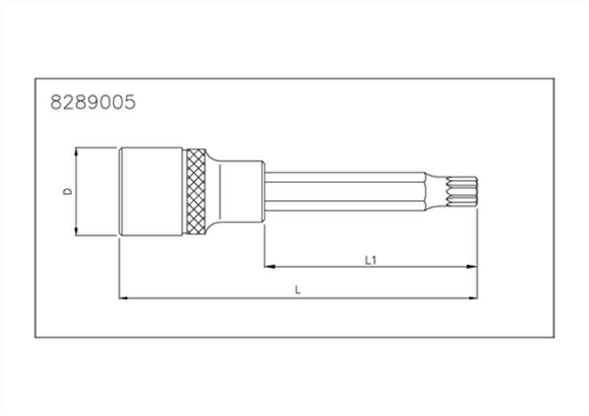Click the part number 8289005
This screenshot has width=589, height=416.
tap(93, 102)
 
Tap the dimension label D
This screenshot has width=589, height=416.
tap(68, 192)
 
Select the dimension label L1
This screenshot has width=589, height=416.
tap(370, 260)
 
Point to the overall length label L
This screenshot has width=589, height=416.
tap(298, 290)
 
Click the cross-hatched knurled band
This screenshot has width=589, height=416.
tap(196, 192)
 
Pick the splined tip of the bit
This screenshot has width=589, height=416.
tap(461, 192)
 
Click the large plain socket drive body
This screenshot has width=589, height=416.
tap(152, 192)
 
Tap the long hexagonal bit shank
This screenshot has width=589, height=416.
tap(345, 192)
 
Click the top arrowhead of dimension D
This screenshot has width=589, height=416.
tap(76, 151)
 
